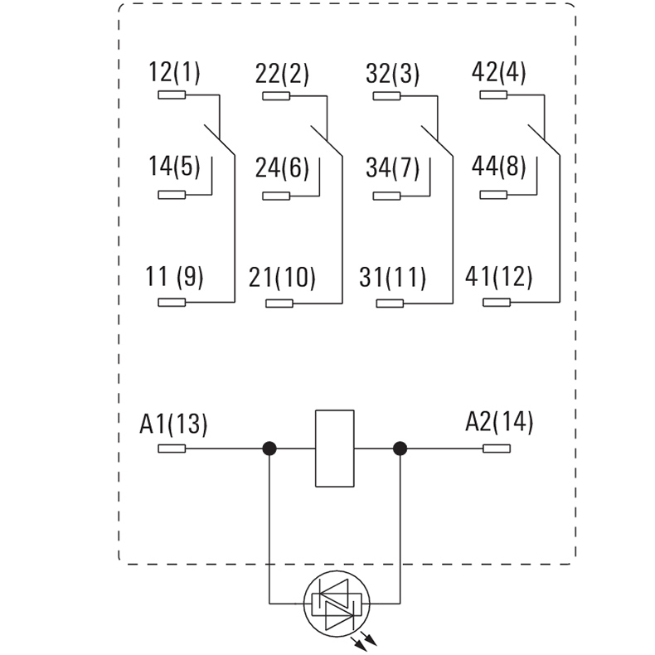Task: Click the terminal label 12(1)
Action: (174, 73)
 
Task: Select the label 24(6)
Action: (282, 168)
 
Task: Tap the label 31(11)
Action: (393, 277)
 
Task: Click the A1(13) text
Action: (173, 425)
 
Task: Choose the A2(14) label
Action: (498, 423)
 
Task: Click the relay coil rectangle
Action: (335, 449)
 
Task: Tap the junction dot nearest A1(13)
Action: (269, 449)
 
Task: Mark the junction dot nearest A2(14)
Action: (400, 449)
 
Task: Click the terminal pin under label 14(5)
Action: (171, 196)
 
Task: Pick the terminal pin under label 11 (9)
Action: (171, 303)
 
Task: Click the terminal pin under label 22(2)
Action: (276, 96)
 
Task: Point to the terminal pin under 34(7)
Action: (386, 196)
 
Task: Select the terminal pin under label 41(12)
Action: (497, 303)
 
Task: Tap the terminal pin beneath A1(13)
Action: (171, 449)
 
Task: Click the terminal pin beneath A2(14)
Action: (497, 449)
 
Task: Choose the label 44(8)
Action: (498, 168)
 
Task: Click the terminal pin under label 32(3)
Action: (386, 96)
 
